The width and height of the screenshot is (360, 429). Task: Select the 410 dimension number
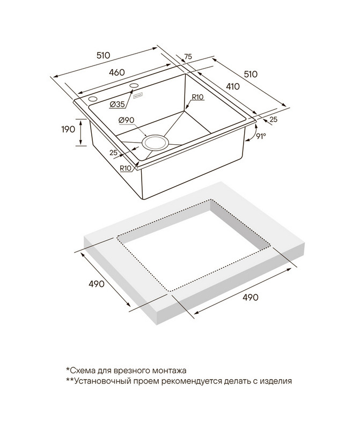click(x=232, y=86)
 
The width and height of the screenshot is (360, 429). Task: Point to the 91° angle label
click(x=261, y=136)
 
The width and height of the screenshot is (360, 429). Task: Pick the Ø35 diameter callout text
click(x=117, y=103)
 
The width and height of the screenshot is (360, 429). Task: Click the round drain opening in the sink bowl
click(x=156, y=143)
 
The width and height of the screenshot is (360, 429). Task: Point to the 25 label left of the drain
click(x=113, y=153)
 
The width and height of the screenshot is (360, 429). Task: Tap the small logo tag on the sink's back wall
click(x=138, y=96)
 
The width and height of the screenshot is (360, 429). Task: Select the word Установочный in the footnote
click(x=101, y=382)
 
